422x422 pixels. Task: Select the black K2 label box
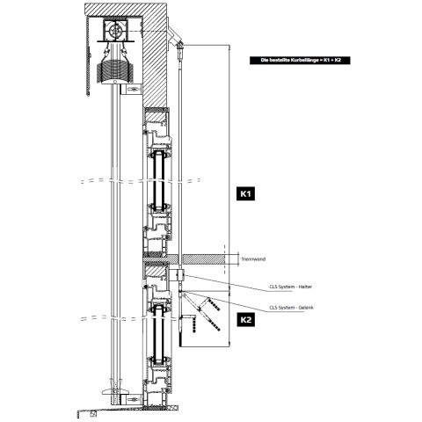[246, 321]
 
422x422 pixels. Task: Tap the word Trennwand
[251, 258]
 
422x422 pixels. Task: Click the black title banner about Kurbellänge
[295, 60]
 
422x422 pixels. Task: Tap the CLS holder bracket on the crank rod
[179, 276]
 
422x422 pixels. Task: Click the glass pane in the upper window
[158, 180]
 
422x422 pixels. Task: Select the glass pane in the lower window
[158, 334]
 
